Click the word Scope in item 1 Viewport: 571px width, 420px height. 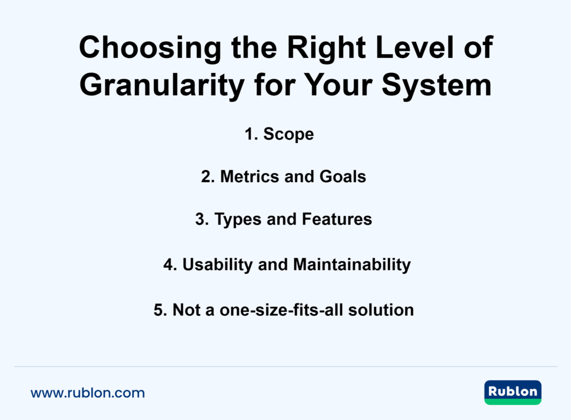coord(288,134)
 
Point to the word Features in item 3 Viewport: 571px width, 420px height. coord(337,220)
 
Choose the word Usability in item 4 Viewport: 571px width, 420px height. coord(218,264)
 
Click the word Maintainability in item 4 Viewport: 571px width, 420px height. coord(352,264)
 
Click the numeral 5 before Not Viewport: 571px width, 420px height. coord(158,310)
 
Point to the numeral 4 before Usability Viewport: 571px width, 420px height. coord(168,264)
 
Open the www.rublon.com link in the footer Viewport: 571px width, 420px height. coord(88,393)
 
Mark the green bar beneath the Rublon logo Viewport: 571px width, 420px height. coord(512,401)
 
